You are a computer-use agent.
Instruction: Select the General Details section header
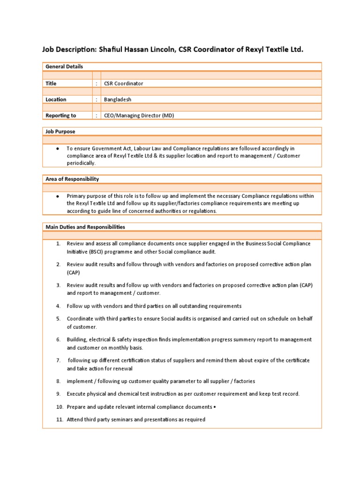(x=64, y=67)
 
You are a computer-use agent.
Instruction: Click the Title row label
(x=51, y=83)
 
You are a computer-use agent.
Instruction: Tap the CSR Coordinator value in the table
(x=124, y=83)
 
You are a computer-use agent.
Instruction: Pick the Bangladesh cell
(x=118, y=99)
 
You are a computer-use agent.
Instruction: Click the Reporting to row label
(x=60, y=115)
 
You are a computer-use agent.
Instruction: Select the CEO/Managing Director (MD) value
(x=139, y=115)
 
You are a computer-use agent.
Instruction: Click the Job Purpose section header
(x=60, y=132)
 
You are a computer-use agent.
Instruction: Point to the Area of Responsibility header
(x=72, y=179)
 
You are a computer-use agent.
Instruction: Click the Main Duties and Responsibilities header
(x=85, y=227)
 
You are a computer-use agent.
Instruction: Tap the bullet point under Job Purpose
(x=57, y=148)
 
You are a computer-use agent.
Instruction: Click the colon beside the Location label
(x=97, y=99)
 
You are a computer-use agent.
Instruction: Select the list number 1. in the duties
(x=58, y=244)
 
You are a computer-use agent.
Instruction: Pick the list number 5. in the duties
(x=58, y=319)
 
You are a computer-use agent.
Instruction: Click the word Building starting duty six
(x=77, y=339)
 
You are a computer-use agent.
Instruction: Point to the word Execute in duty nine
(x=77, y=394)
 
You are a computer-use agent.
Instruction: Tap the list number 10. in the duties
(x=59, y=407)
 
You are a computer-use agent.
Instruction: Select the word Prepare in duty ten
(x=77, y=407)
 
